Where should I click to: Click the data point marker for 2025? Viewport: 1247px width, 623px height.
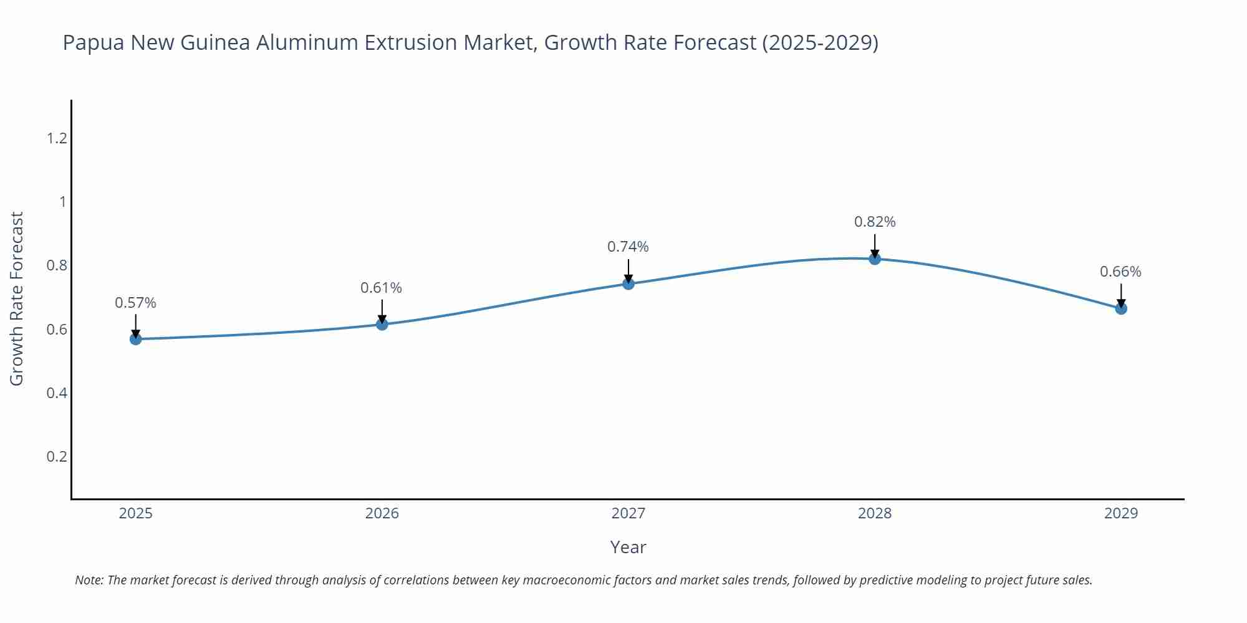[x=136, y=339]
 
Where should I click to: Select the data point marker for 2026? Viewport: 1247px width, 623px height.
[x=382, y=324]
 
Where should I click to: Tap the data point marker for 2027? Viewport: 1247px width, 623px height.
[x=628, y=283]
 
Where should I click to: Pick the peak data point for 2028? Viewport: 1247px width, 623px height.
[x=875, y=259]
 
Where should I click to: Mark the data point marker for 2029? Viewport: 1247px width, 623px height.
[x=1121, y=308]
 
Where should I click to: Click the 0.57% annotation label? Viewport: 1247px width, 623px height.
[x=135, y=303]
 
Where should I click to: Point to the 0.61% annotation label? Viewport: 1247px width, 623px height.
[x=381, y=288]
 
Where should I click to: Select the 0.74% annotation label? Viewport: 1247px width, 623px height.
[x=628, y=247]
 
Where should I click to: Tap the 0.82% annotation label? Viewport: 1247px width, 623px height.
[x=875, y=222]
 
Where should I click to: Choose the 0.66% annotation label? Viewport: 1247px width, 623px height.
[x=1120, y=272]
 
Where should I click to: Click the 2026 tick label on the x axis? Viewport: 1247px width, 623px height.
[x=382, y=513]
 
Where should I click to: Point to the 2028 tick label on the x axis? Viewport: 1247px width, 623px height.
[x=875, y=513]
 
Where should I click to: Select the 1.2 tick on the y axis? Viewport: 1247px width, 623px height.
[x=57, y=138]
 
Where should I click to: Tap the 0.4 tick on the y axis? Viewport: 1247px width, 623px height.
[x=57, y=393]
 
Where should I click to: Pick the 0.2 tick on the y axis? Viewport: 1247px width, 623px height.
[x=57, y=457]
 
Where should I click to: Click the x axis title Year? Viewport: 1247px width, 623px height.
[x=628, y=547]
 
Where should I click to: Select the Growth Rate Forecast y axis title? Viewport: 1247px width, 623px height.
[x=17, y=298]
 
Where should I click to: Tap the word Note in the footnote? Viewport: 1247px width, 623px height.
[x=89, y=580]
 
